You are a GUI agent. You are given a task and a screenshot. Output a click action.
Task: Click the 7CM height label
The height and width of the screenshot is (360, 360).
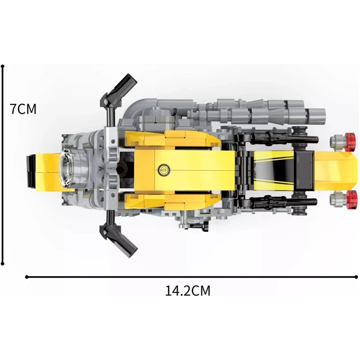23,109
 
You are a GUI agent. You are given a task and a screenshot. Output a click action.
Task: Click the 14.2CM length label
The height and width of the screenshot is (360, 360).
188,291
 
